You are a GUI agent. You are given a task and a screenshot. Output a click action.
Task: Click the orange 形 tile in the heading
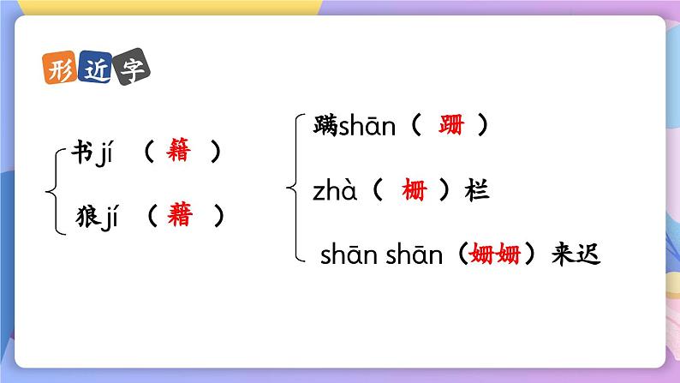coord(58,69)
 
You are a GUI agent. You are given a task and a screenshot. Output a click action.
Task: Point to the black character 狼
coord(81,218)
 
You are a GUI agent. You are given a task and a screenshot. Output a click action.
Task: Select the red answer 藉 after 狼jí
coord(180,217)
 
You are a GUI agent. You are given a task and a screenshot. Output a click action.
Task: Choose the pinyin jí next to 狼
coord(106,218)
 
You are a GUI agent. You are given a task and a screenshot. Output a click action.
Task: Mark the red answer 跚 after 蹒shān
coord(450,126)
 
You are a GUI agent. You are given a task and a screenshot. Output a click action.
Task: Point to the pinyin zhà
coord(337,191)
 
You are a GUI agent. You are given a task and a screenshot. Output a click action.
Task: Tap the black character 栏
coord(476,191)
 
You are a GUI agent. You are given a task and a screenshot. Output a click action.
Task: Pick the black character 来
coord(562,254)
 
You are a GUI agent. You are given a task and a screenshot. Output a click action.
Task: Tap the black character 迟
coord(590,254)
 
